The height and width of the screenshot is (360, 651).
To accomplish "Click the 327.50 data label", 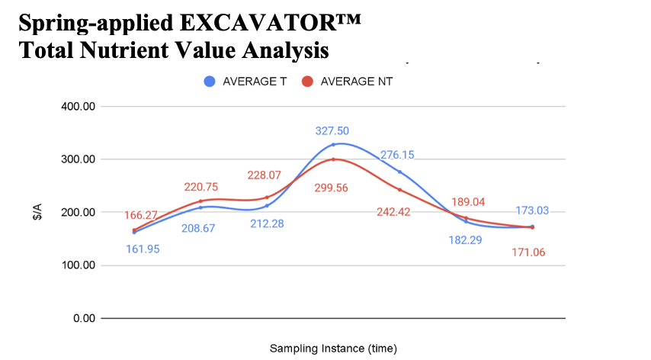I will point(332,131).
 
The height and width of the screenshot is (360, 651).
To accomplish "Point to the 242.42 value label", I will point(393,212).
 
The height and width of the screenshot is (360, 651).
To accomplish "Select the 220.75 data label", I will point(201,187).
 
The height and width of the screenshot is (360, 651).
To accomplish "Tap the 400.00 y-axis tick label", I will point(76,107).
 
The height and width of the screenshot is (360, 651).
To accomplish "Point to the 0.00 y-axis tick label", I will point(82,318).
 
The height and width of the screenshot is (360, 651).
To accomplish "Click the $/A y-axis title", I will point(36,212).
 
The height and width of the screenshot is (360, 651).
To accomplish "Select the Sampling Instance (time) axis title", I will point(333,349).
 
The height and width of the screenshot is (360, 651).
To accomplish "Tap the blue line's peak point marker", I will point(333,145).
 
